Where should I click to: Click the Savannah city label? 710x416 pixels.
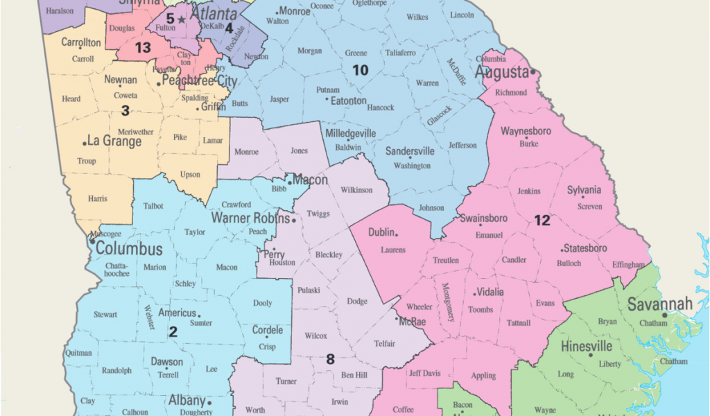tap(660, 304)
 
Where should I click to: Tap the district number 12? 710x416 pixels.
tap(542, 220)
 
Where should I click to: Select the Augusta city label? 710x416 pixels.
tap(501, 72)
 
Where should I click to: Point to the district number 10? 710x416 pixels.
tap(360, 69)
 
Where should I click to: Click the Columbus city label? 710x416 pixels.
tap(129, 249)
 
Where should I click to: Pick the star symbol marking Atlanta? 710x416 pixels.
tap(182, 20)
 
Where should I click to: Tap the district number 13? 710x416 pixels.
tap(143, 48)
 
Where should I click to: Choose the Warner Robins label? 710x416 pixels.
tap(250, 218)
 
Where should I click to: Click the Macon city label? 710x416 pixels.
tap(309, 180)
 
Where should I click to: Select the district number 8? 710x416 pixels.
tap(330, 359)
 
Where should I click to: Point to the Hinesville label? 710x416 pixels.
tap(586, 346)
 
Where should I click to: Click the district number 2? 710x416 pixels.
tap(173, 331)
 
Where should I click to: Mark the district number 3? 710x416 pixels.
tap(125, 110)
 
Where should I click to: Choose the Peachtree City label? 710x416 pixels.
tap(199, 81)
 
